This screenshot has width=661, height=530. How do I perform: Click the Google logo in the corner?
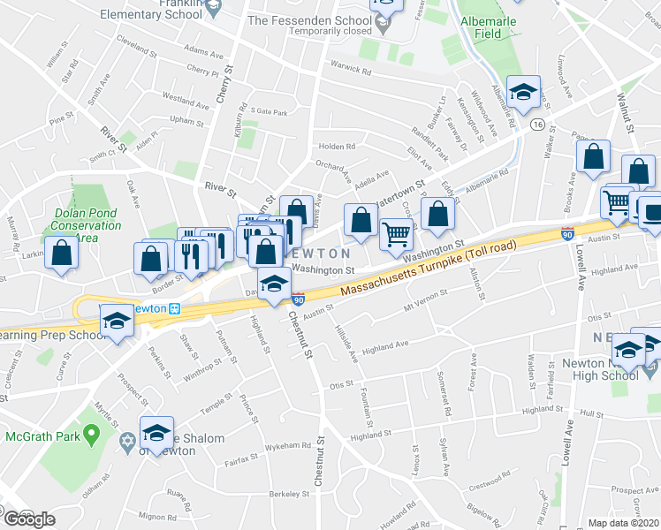[x=28, y=519]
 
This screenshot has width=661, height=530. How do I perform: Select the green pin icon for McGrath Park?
[x=90, y=435]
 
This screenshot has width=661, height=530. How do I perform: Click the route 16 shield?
[x=537, y=126]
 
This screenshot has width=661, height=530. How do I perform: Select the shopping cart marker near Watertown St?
[x=397, y=235]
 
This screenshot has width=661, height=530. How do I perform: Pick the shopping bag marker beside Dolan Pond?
[x=62, y=253]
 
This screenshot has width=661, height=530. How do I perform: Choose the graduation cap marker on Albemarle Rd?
[x=524, y=93]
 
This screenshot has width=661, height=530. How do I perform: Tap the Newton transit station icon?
[x=175, y=309]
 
